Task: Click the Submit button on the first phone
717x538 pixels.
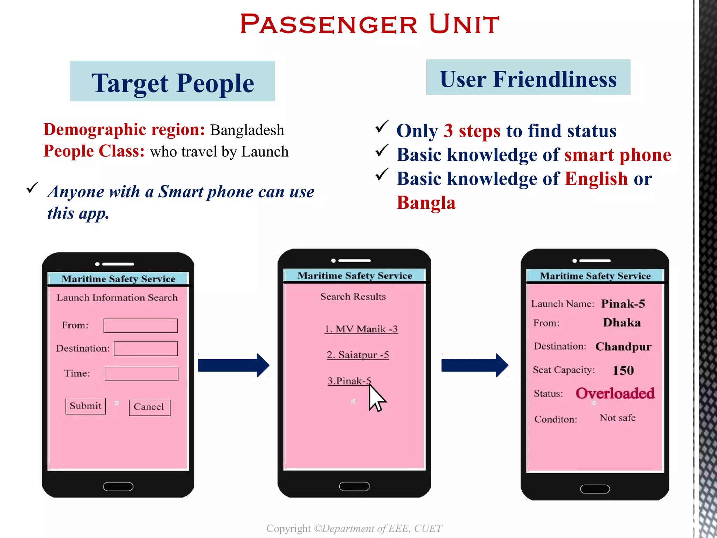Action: [x=85, y=406]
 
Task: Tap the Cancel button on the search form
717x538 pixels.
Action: [x=149, y=407]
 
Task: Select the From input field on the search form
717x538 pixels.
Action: [x=140, y=325]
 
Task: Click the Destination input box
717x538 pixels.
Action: [x=146, y=349]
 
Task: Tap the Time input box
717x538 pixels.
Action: [x=141, y=374]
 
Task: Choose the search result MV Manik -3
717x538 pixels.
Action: [x=361, y=329]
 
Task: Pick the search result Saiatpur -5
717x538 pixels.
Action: [x=358, y=355]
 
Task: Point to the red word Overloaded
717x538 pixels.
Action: [x=615, y=393]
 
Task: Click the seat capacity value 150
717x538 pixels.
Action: [x=623, y=370]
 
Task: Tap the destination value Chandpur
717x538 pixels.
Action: [x=623, y=347]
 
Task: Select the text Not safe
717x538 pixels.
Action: [x=618, y=418]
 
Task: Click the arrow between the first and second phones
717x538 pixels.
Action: [x=234, y=365]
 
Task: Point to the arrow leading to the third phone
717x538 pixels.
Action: [x=475, y=365]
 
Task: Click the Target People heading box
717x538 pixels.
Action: [x=173, y=81]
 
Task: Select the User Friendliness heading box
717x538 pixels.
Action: [x=528, y=77]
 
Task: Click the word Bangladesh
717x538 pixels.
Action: [x=247, y=130]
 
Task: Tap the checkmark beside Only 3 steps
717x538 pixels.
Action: [x=382, y=127]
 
